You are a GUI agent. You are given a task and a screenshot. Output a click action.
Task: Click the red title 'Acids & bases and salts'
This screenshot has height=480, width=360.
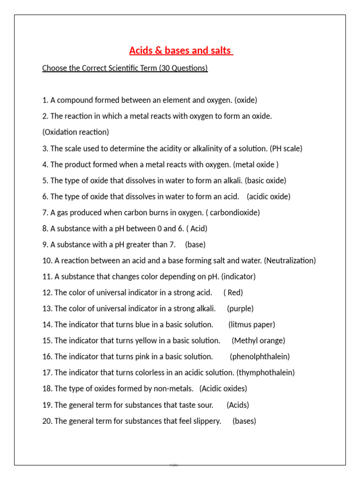(x=181, y=51)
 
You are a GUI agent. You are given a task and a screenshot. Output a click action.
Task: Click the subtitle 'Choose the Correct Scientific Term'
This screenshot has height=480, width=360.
(x=125, y=68)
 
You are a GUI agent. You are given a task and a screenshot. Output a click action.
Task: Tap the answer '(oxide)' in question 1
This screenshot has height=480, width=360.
(x=246, y=100)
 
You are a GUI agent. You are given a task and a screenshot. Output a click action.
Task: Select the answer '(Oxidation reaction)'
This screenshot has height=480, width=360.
(x=75, y=132)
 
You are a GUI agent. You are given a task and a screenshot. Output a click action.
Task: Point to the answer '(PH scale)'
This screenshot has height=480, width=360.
(x=286, y=149)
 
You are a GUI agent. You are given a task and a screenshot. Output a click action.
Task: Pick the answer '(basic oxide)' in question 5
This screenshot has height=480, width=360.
(x=265, y=180)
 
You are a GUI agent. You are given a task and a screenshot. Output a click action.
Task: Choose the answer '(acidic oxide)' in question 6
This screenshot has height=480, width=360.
(x=269, y=197)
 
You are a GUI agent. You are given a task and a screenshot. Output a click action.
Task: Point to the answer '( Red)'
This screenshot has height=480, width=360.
(x=233, y=292)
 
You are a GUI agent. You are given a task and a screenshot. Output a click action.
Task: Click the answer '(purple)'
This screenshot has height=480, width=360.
(x=240, y=309)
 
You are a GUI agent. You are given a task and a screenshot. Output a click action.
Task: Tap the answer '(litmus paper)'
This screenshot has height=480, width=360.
(x=252, y=325)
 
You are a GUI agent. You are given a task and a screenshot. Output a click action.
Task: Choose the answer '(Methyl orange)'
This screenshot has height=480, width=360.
(x=258, y=341)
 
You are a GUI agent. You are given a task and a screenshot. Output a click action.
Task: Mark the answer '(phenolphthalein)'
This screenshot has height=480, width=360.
(x=260, y=357)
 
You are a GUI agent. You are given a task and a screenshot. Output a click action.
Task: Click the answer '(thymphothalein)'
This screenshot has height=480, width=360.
(x=265, y=373)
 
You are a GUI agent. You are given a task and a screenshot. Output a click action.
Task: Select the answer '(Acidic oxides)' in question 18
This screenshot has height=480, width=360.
(x=223, y=389)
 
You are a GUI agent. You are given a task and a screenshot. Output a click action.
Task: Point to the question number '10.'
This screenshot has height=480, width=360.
(x=47, y=261)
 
